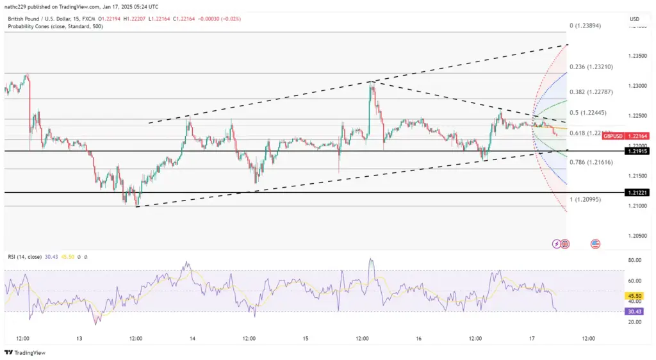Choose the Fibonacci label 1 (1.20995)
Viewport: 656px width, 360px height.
click(586, 200)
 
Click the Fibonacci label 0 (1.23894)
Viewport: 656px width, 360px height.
click(586, 26)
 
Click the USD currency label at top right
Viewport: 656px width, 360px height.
click(634, 19)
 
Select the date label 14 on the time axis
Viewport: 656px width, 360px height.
click(192, 338)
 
